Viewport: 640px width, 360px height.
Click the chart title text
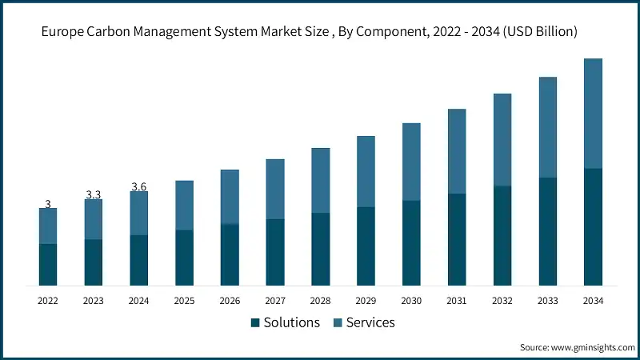320,32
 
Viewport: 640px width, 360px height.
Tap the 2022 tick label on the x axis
48,301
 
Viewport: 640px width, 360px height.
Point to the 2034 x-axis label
593,301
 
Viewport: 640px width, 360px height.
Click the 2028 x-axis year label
320,301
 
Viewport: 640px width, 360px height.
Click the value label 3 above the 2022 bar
48,205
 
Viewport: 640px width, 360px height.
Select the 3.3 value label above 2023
94,195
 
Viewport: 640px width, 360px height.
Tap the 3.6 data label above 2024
138,187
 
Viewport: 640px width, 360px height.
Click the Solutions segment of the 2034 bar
593,227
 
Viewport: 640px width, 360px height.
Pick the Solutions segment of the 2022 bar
48,265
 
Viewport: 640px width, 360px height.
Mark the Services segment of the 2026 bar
230,197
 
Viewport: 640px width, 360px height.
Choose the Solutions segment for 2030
411,243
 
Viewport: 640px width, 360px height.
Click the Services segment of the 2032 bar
502,140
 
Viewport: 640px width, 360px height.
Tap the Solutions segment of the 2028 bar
320,250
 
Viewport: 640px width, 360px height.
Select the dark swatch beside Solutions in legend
255,322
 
